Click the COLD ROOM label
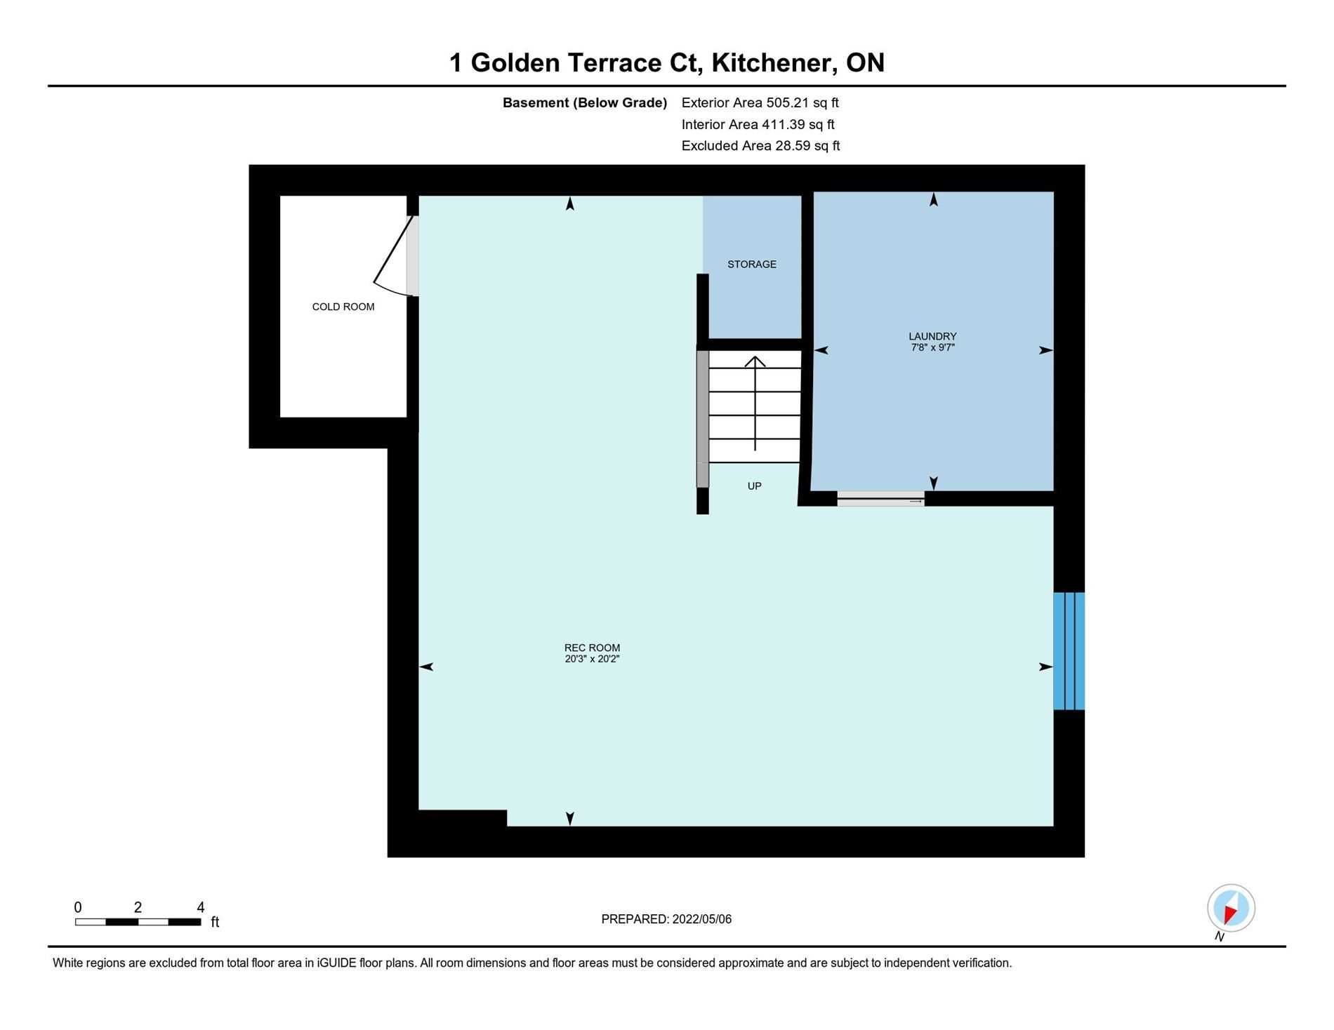tap(343, 307)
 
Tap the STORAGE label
tap(752, 265)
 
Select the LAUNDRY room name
tap(932, 336)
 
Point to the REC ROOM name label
tap(592, 648)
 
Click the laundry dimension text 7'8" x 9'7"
tap(932, 347)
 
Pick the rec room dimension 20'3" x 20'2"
tap(592, 659)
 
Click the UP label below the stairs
tap(755, 486)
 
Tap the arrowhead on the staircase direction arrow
tap(755, 361)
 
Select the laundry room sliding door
tap(880, 499)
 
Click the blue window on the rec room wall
tap(1069, 651)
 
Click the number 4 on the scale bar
tap(200, 907)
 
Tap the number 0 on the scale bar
tap(78, 907)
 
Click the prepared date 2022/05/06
tap(702, 919)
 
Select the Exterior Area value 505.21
tap(788, 102)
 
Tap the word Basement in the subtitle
tap(535, 102)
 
